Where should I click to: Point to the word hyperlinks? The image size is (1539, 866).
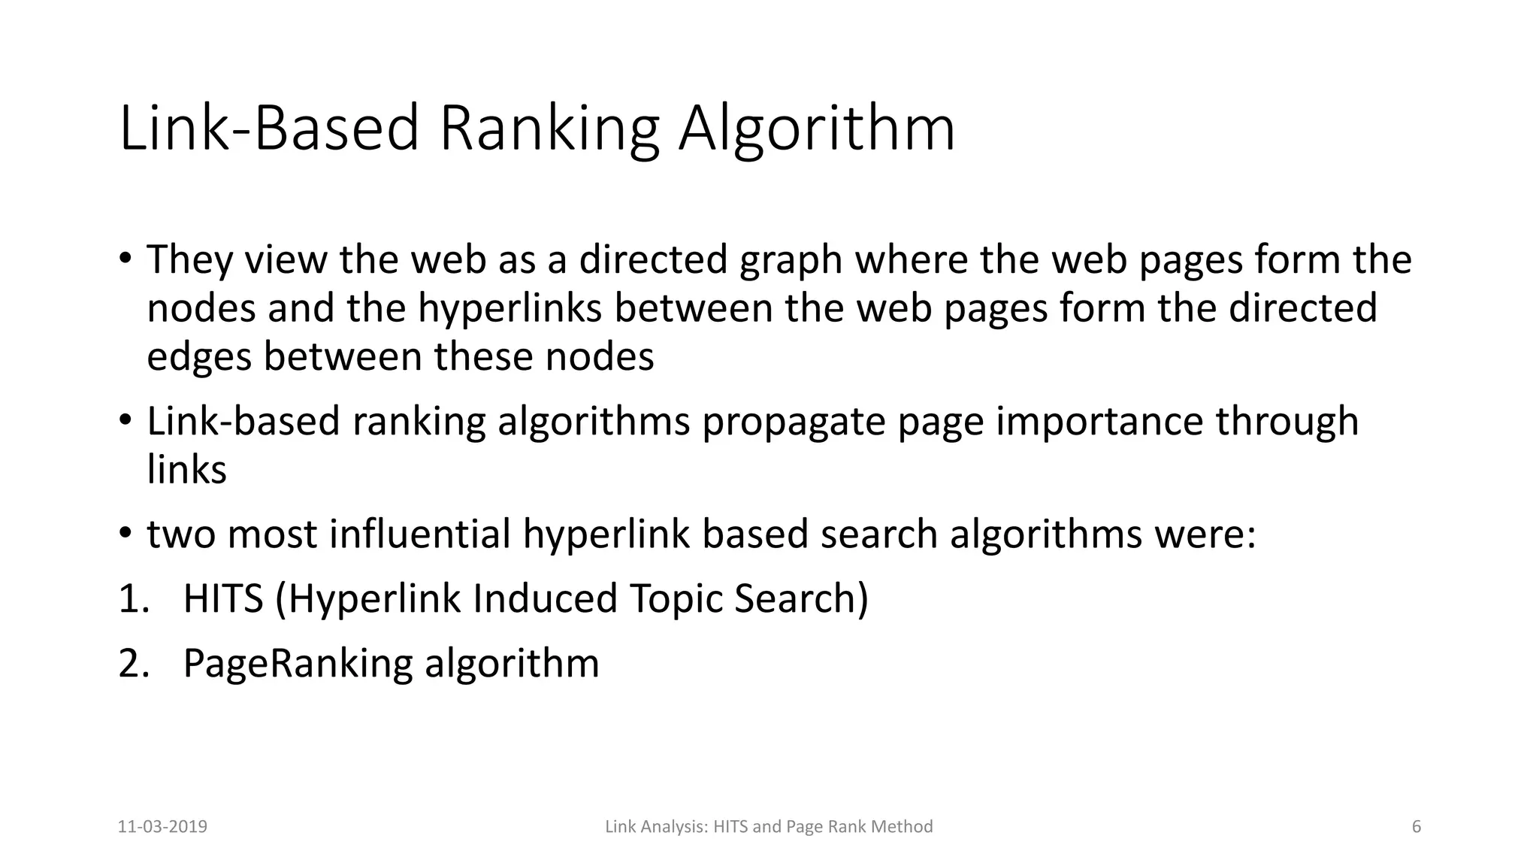click(509, 308)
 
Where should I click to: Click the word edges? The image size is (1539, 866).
click(198, 357)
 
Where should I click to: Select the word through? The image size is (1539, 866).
click(1287, 422)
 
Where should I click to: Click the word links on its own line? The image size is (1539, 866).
click(186, 470)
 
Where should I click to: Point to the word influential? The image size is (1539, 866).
click(420, 534)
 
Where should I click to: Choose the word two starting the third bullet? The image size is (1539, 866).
click(181, 534)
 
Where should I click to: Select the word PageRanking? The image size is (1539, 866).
click(298, 664)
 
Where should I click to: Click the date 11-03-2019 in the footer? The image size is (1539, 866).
click(162, 827)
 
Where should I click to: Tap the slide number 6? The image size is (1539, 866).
click(1417, 827)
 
